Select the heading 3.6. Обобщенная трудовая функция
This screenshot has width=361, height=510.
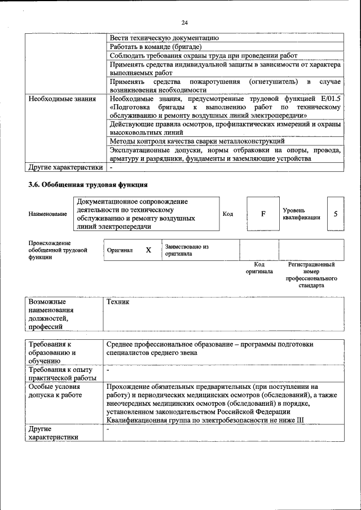88,184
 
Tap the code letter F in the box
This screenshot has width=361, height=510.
263,214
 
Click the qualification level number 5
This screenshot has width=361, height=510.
336,214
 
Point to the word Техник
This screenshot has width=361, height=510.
118,302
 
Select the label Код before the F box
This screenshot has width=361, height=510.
228,214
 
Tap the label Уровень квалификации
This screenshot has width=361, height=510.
302,214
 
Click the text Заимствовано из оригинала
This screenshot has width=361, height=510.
187,250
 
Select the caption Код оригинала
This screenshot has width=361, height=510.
259,268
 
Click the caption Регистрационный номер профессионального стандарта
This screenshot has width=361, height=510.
311,274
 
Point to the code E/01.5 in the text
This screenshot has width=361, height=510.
329,99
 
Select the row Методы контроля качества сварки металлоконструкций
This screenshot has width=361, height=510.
197,141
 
